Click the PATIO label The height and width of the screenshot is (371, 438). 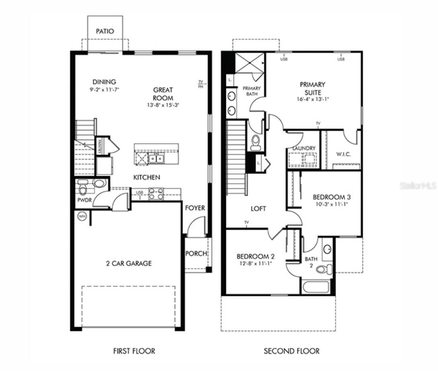click(x=105, y=31)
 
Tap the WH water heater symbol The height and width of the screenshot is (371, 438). click(x=82, y=216)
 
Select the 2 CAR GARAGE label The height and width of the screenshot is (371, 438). click(x=129, y=264)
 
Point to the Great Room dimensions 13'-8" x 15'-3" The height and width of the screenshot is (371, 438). click(x=163, y=105)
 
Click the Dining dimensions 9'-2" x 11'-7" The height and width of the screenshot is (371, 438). click(x=104, y=89)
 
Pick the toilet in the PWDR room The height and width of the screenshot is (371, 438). click(x=83, y=188)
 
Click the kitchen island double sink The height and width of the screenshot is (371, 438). click(x=156, y=159)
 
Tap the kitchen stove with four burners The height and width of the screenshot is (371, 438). click(x=156, y=194)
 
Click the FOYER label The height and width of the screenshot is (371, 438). click(x=195, y=208)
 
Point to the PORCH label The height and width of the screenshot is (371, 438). click(x=196, y=254)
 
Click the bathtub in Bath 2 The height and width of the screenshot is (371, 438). click(x=315, y=287)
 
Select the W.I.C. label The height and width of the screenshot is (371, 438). click(x=344, y=154)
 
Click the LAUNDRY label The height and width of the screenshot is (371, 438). click(x=304, y=148)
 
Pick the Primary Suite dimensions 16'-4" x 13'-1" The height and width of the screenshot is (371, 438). click(x=312, y=99)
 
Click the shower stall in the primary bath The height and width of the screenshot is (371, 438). click(x=249, y=63)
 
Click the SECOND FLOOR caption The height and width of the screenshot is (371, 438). click(x=291, y=351)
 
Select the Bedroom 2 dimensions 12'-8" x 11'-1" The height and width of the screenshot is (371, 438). click(x=255, y=264)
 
